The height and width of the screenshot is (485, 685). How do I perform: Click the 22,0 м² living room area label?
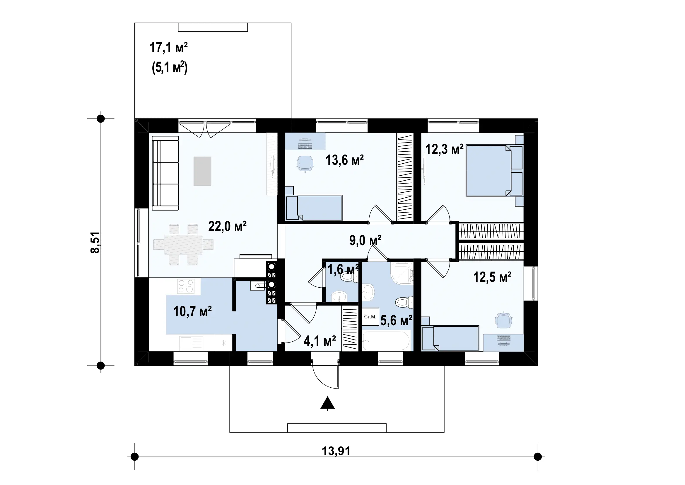click(x=227, y=226)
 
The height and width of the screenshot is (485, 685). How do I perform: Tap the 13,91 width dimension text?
click(x=336, y=451)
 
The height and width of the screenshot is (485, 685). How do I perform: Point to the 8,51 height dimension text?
click(x=95, y=242)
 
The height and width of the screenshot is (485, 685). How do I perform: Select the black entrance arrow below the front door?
click(x=328, y=403)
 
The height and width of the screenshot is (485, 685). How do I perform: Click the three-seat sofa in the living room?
click(x=165, y=173)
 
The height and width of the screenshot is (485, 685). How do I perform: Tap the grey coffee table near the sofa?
click(x=202, y=171)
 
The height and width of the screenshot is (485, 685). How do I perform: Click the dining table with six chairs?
click(x=184, y=245)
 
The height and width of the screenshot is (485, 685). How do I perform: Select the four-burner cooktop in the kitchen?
click(x=186, y=286)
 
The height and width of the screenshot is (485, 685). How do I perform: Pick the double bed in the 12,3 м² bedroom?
click(x=494, y=171)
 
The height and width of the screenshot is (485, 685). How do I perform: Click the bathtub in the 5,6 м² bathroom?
click(x=386, y=340)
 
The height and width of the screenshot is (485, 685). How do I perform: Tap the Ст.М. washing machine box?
click(x=370, y=317)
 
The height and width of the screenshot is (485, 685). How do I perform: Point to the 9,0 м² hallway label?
click(x=365, y=240)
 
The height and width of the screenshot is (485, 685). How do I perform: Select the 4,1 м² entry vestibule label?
click(x=320, y=341)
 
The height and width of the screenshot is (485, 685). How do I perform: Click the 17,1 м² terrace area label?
click(x=169, y=48)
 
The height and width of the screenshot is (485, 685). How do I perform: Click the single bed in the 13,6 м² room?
click(x=314, y=208)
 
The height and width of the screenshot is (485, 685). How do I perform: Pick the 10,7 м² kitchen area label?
click(x=192, y=311)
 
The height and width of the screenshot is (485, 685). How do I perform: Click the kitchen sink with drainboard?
click(x=191, y=343)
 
